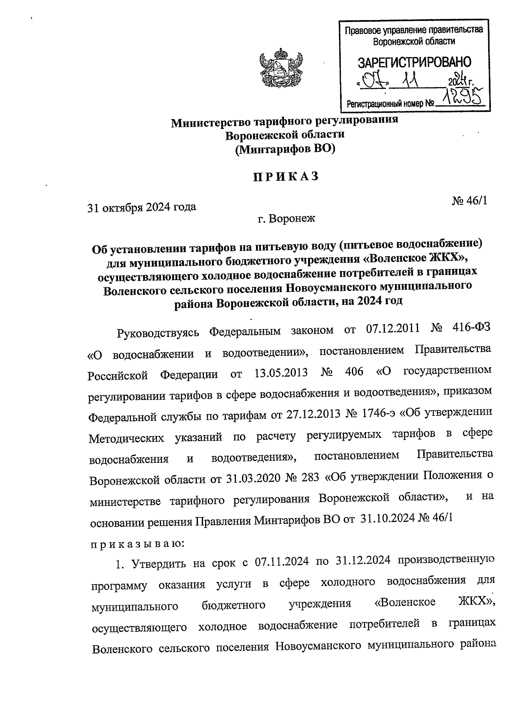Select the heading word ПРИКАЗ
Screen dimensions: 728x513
pos(285,177)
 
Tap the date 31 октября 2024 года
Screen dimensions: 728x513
pos(142,208)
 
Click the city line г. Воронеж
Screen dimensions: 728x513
pos(286,219)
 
